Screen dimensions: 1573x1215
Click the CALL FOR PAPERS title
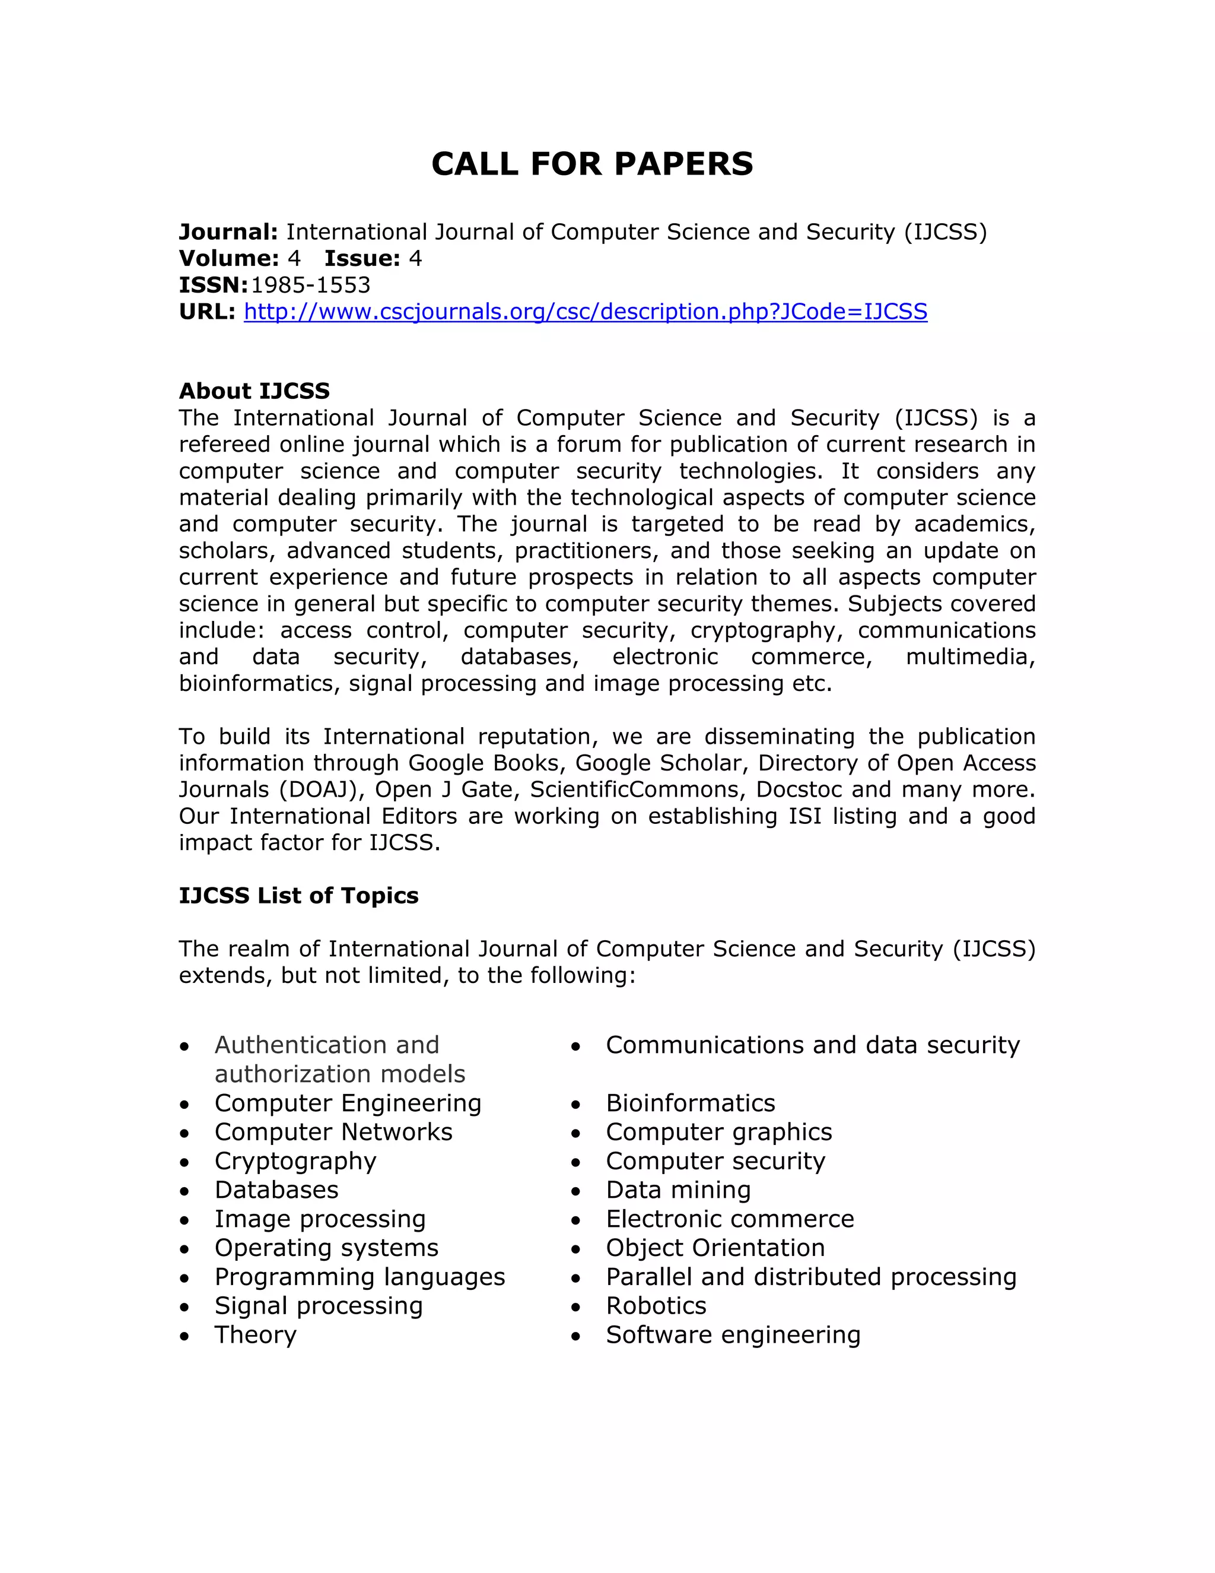tap(591, 164)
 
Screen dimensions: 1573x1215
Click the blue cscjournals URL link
tap(585, 311)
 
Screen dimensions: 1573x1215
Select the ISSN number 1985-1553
tap(310, 285)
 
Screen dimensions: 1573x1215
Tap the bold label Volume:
tap(228, 259)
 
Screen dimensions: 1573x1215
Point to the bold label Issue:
tap(361, 259)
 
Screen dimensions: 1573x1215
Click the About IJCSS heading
tap(254, 391)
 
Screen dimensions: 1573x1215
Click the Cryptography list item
tap(295, 1161)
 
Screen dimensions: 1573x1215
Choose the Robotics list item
tap(656, 1306)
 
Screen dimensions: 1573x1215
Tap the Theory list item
tap(256, 1334)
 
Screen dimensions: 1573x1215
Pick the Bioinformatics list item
tap(691, 1103)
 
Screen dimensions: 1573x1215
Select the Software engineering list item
tap(733, 1334)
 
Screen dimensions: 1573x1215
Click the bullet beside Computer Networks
tap(185, 1134)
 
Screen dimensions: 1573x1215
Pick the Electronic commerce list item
tap(730, 1219)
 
